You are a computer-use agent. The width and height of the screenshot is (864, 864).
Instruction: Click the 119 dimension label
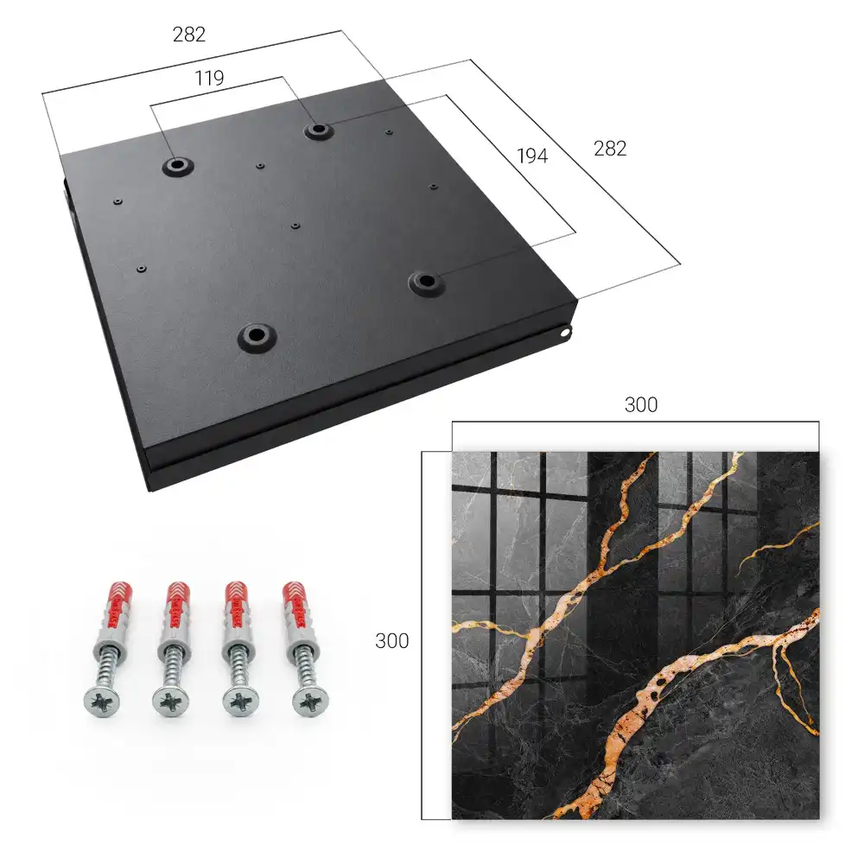click(209, 79)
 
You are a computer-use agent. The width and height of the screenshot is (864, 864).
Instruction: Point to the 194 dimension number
click(532, 156)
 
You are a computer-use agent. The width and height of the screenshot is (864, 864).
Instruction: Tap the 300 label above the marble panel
click(641, 405)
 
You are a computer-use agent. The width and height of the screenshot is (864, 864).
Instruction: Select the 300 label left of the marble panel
click(391, 641)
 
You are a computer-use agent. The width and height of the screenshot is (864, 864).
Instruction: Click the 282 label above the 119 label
click(189, 35)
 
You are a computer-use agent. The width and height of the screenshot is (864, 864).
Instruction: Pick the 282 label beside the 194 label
click(610, 149)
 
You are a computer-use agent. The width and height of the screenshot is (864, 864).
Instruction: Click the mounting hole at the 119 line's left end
click(177, 165)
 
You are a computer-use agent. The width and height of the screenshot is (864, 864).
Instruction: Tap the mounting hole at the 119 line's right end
click(318, 130)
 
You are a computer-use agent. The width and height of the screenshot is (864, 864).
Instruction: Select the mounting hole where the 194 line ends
click(425, 283)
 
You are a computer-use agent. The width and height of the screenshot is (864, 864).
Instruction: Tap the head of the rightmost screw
click(309, 702)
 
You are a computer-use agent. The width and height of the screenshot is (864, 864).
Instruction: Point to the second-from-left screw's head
click(171, 702)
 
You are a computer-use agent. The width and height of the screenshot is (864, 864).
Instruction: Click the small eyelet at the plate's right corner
click(565, 332)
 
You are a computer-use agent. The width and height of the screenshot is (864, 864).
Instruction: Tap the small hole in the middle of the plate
click(295, 226)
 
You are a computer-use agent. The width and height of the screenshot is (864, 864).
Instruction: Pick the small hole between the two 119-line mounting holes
click(260, 165)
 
